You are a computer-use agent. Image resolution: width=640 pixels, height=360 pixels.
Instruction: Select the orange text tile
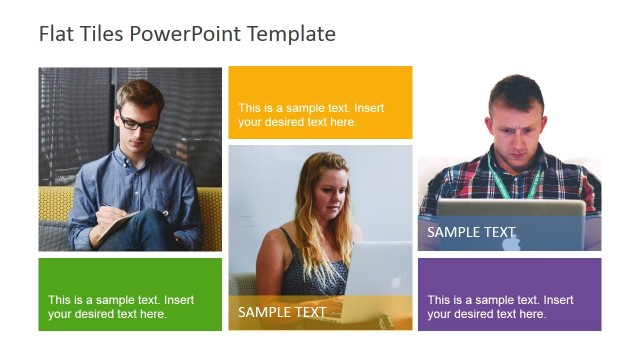point(320,102)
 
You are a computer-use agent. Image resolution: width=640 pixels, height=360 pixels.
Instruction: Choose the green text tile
point(130,294)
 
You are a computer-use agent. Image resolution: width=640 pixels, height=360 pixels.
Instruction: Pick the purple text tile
point(509,294)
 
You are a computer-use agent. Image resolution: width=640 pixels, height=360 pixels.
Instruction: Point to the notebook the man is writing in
point(112,226)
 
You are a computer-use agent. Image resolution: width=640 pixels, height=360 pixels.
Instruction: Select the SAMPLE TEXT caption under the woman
point(282,312)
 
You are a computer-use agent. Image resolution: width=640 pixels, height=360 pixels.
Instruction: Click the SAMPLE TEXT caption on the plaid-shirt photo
point(471,232)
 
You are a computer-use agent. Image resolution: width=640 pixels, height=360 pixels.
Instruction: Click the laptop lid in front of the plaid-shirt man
point(510,222)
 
